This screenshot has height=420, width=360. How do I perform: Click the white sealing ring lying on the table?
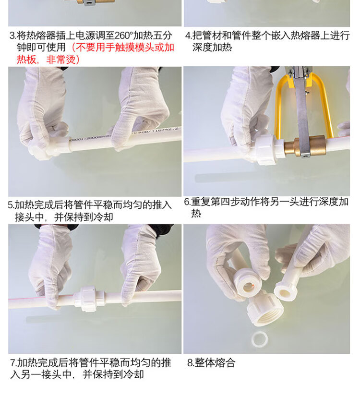click(259, 338)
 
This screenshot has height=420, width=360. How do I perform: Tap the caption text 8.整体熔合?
click(211, 363)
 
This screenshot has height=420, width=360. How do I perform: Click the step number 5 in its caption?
click(11, 205)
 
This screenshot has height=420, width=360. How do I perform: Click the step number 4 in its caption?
click(188, 36)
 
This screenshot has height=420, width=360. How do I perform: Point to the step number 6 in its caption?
click(187, 202)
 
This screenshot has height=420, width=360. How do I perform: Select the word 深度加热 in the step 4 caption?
click(212, 48)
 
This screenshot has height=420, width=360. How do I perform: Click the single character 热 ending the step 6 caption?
click(196, 214)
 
